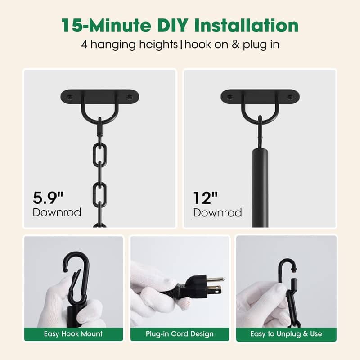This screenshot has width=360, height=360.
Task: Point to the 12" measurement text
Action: [x=206, y=198]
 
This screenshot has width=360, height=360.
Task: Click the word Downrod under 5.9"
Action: [x=57, y=212]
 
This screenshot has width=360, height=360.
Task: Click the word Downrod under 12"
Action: [x=217, y=212]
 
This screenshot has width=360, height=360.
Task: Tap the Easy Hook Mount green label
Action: [x=73, y=334]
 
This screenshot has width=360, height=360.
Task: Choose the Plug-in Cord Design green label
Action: [x=180, y=334]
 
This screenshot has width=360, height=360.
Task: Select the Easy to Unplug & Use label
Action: [x=286, y=334]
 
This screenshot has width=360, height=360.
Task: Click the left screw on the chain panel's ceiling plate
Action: [x=69, y=97]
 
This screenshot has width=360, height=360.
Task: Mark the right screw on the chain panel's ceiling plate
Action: [x=130, y=97]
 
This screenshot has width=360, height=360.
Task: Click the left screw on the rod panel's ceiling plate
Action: [x=229, y=97]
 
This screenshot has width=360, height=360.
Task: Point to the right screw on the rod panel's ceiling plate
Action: [x=290, y=97]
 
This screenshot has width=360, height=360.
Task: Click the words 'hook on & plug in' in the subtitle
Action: [x=230, y=45]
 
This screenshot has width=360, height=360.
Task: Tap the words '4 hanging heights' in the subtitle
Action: [x=130, y=45]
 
